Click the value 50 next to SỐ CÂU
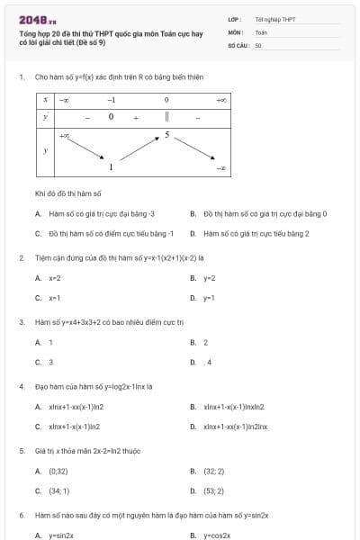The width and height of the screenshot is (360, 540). point(258,43)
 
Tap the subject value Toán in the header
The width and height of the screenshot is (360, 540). point(261,31)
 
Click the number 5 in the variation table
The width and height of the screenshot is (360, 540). point(166,135)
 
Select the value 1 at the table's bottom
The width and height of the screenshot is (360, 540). point(111,167)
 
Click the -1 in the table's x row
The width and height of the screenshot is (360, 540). point(111,99)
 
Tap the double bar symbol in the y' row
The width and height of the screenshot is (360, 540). point(166,117)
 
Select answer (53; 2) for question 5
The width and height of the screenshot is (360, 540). point(213,490)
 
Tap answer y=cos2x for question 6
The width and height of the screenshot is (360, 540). point(217,535)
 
